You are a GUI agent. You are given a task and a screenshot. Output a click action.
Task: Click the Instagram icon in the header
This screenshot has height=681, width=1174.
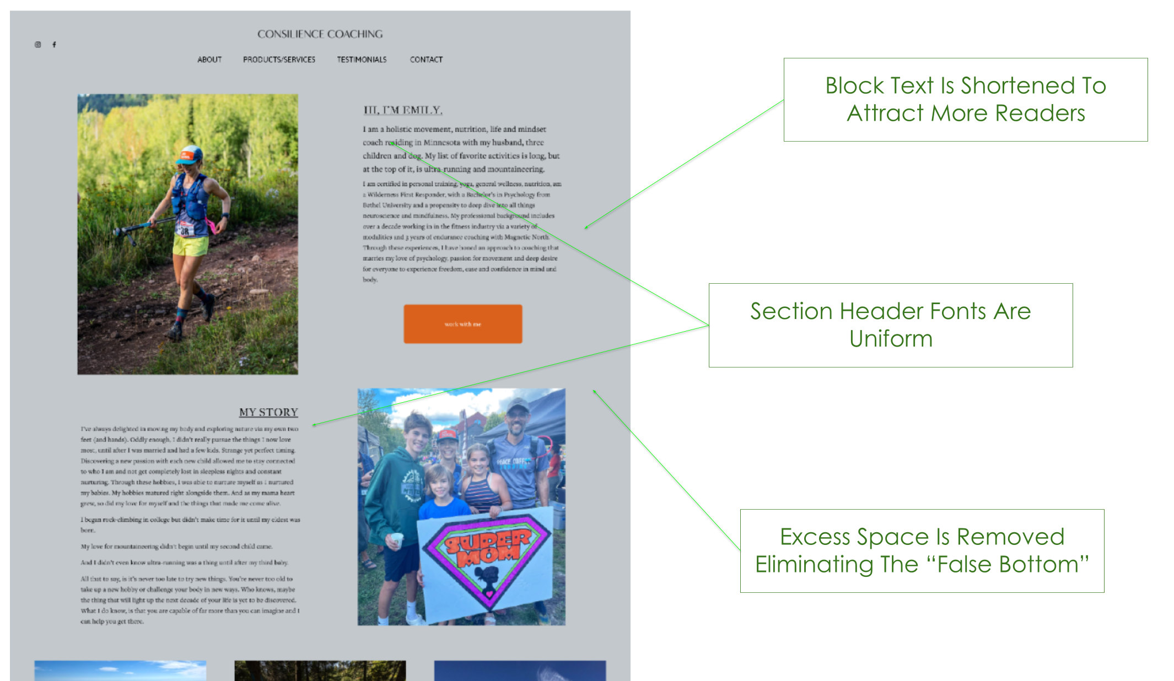click(x=38, y=45)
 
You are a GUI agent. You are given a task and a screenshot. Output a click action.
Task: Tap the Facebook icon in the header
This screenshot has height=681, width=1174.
click(x=54, y=45)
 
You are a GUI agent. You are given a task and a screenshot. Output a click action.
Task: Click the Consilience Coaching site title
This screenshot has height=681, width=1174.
click(x=320, y=34)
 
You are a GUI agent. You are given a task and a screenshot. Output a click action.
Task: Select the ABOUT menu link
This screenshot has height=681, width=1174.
click(x=209, y=60)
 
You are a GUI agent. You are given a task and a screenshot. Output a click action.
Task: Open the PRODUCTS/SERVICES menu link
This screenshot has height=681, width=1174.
click(x=279, y=60)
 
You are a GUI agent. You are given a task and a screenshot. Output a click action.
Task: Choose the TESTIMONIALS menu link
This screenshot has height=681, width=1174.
click(x=362, y=60)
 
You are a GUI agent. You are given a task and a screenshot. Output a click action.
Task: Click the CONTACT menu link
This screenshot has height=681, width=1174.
click(x=426, y=60)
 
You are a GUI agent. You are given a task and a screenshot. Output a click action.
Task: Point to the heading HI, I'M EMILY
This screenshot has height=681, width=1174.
click(x=402, y=110)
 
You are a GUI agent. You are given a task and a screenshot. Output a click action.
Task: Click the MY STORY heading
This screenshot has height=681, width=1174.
click(x=268, y=412)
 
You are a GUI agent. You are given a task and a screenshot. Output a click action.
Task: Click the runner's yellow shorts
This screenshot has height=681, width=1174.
click(x=190, y=245)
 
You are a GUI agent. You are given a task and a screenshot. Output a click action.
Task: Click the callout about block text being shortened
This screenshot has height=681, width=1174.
click(x=966, y=100)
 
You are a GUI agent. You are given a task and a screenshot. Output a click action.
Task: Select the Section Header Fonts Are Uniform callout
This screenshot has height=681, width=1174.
click(x=890, y=326)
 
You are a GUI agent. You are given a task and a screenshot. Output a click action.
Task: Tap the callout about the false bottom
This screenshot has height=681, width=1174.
click(x=922, y=551)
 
